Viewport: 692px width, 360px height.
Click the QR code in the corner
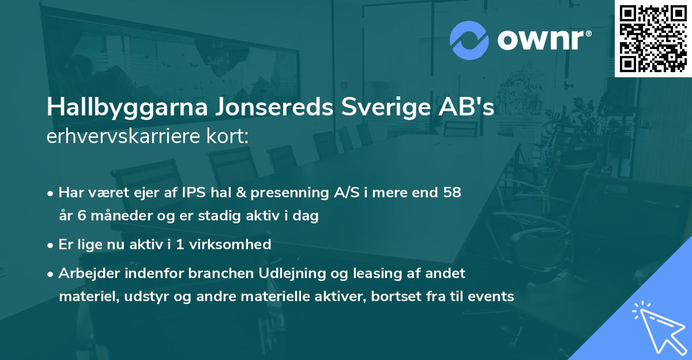(653, 38)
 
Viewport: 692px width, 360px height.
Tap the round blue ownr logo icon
(468, 40)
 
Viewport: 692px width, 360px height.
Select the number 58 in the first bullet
(452, 193)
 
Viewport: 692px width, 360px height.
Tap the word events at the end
(492, 297)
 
